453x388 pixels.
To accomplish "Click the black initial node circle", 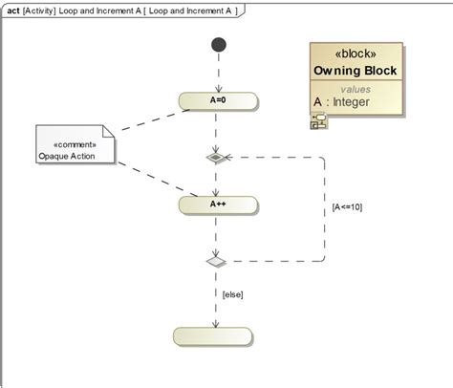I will (219, 44).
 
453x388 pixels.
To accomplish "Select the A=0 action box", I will (217, 99).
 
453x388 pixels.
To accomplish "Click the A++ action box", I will (217, 204).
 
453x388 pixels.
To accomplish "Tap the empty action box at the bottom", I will (215, 335).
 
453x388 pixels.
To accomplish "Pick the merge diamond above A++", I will (217, 157).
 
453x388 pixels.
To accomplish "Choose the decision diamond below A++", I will (217, 261).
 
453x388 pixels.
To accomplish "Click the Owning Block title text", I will (355, 72).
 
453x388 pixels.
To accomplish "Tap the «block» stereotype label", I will (355, 54).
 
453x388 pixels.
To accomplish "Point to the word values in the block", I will (355, 89).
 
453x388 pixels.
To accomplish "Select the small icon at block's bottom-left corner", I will (317, 120).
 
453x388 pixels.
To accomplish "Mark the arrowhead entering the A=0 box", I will (218, 89).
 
